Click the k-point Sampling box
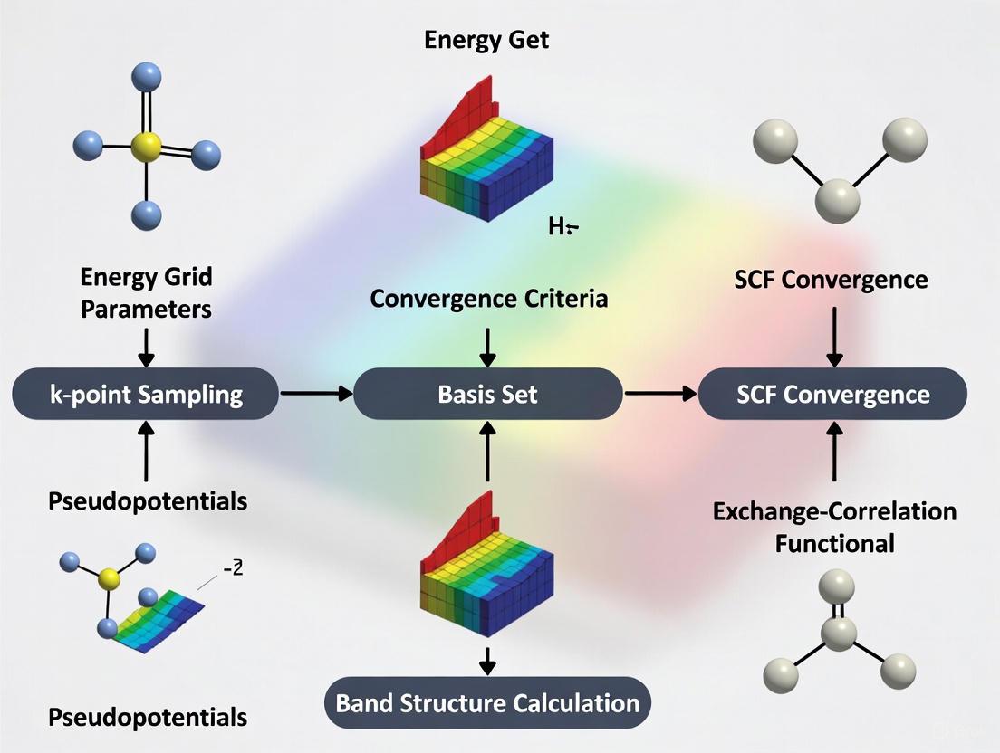pyautogui.click(x=145, y=394)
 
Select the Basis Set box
pyautogui.click(x=487, y=394)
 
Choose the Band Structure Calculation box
pyautogui.click(x=487, y=703)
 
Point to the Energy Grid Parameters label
pyautogui.click(x=146, y=292)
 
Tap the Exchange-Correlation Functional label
pyautogui.click(x=834, y=526)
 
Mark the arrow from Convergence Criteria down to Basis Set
pyautogui.click(x=488, y=345)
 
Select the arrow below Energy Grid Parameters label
pyautogui.click(x=146, y=345)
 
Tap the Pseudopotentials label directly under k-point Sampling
pyautogui.click(x=146, y=500)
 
